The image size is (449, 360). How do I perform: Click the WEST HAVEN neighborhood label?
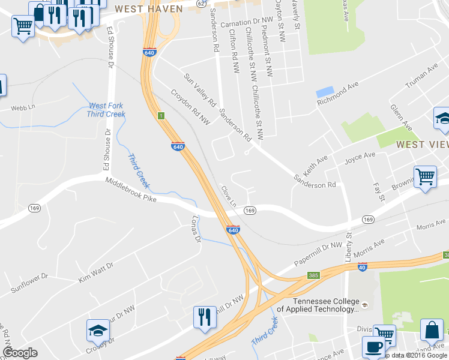(148, 9)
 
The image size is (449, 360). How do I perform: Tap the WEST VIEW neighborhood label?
(422, 145)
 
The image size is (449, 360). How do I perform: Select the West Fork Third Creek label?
(106, 110)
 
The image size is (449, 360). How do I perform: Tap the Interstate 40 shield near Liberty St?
(361, 266)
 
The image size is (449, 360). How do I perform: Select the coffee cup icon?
(373, 347)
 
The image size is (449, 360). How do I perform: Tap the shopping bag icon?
(432, 330)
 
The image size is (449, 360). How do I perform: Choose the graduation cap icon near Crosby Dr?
(98, 331)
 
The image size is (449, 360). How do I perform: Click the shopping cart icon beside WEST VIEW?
(425, 177)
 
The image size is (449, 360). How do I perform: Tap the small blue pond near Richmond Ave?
(325, 93)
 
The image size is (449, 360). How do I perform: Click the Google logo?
(20, 353)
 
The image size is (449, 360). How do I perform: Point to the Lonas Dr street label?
(194, 229)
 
